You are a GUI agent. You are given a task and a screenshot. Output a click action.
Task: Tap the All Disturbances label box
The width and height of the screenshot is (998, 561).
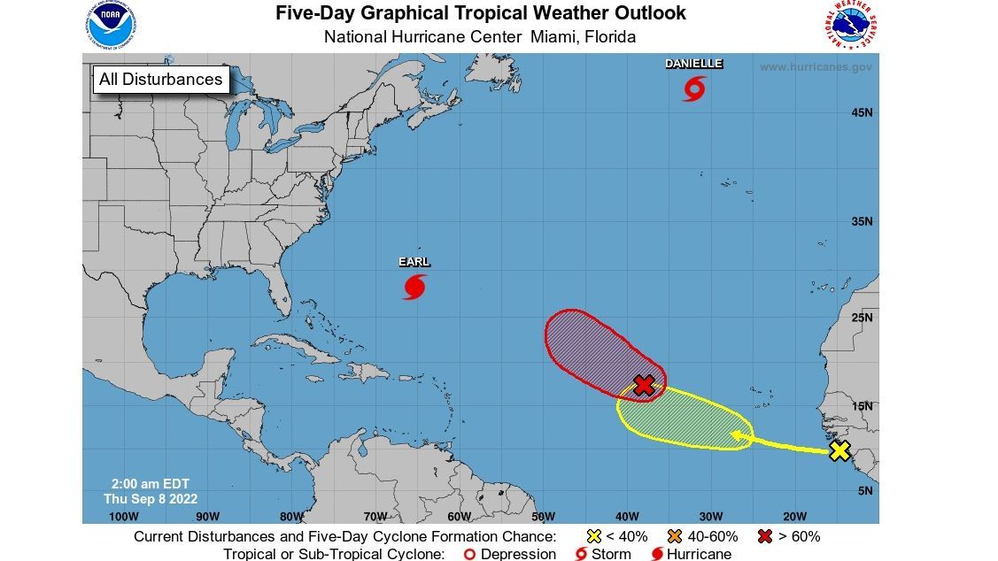[160, 80]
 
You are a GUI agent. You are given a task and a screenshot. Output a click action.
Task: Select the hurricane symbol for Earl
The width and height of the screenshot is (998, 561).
[414, 287]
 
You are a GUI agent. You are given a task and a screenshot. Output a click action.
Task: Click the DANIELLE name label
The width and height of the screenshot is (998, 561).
[694, 64]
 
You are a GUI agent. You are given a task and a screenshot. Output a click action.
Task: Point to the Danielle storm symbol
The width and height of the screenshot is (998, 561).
[694, 88]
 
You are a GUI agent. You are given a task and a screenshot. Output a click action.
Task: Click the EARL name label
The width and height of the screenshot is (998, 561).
[414, 262]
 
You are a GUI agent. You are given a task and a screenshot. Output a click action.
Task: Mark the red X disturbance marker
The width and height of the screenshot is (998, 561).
[645, 385]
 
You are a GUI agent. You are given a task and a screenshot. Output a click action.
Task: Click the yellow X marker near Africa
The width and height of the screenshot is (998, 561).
[839, 451]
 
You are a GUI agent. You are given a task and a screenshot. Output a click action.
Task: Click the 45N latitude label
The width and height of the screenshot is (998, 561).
[863, 113]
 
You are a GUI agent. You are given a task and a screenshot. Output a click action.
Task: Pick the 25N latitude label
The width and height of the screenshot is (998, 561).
[863, 318]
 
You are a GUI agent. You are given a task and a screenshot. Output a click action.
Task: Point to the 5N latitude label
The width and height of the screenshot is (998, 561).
[865, 490]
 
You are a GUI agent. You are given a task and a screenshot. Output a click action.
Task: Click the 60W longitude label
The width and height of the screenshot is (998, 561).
[459, 517]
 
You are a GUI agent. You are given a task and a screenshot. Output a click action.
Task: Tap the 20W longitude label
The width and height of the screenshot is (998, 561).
[794, 517]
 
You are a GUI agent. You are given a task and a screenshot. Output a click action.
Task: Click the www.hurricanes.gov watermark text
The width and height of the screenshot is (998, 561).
[816, 67]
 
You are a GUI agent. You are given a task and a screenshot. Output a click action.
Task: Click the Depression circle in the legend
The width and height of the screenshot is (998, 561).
[471, 554]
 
